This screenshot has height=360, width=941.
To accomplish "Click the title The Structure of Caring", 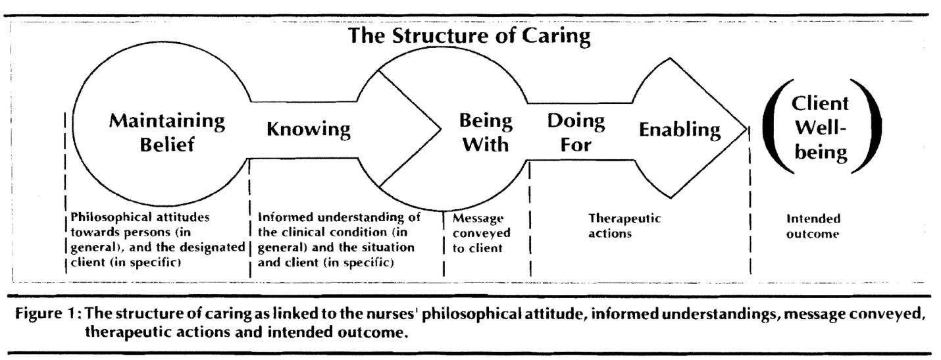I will tap(470, 37).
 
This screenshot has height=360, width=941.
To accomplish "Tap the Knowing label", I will tap(308, 130).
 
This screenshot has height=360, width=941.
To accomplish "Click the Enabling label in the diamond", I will tap(680, 130).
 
